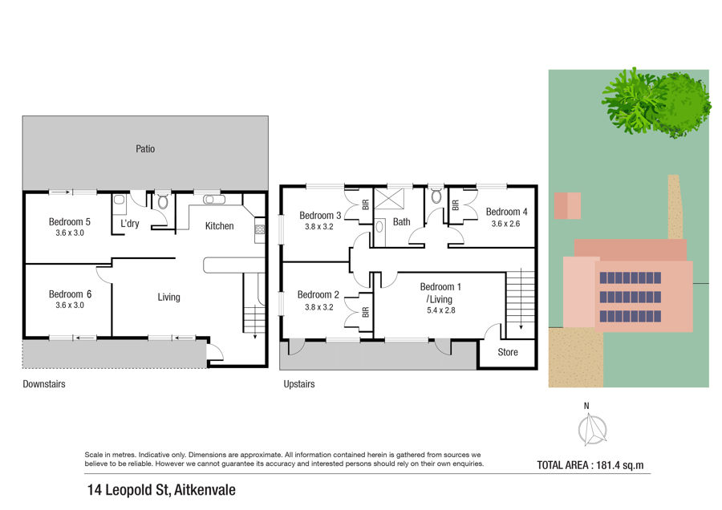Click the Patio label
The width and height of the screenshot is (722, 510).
[145, 148]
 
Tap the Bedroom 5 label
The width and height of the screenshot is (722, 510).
[70, 221]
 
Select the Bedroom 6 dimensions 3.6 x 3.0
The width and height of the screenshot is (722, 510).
[70, 306]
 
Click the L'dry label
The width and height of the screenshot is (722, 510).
[130, 223]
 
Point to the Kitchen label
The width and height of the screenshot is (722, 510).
[219, 225]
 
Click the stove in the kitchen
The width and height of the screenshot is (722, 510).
[260, 229]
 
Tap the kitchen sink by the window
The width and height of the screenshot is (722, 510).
[214, 200]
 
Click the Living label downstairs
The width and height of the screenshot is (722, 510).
[168, 297]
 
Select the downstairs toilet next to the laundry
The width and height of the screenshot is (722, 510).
[163, 201]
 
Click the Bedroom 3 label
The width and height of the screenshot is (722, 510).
[320, 215]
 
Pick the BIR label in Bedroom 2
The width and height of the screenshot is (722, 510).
[366, 313]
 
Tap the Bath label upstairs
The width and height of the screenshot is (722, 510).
[402, 221]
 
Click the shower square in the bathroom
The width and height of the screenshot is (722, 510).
[389, 199]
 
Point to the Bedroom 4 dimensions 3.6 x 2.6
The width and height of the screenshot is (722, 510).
[505, 224]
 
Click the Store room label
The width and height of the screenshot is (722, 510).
[508, 352]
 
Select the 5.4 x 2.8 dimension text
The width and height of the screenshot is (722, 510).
[440, 310]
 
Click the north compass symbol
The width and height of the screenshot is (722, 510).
[592, 430]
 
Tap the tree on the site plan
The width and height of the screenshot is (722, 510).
[656, 102]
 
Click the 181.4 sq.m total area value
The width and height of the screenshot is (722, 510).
[620, 465]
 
